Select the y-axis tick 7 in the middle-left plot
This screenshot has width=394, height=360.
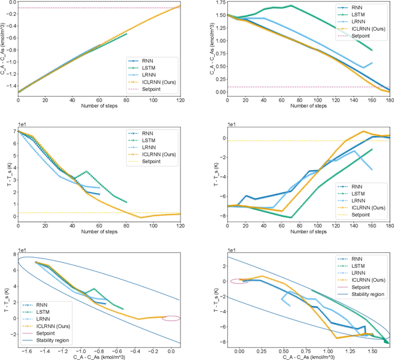pos(15,132)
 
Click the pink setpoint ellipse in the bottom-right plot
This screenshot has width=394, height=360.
pos(239,281)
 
